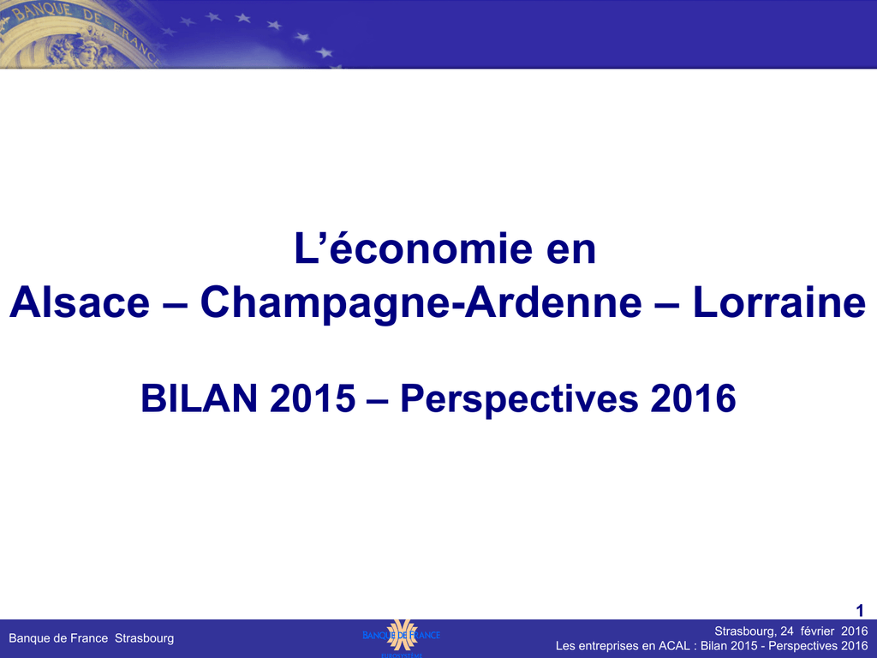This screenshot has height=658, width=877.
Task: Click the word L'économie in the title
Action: [414, 248]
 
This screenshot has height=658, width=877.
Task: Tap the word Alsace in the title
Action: [80, 302]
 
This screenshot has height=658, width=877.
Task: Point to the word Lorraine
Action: [779, 302]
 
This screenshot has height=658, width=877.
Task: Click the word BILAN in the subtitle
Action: [200, 398]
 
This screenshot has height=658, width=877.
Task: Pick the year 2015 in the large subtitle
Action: [312, 398]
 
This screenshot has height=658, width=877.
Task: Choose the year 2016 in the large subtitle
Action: [692, 398]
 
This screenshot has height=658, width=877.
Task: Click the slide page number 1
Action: [860, 610]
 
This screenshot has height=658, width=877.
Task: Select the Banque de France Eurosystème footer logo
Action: [401, 637]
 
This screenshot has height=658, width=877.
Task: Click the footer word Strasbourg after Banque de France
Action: [144, 638]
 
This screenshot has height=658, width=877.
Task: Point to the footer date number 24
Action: [787, 631]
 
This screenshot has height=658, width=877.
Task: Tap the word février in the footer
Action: [817, 631]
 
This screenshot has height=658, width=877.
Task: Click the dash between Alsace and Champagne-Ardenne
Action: [175, 305]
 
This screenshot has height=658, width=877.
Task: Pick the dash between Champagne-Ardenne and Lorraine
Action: [667, 305]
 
